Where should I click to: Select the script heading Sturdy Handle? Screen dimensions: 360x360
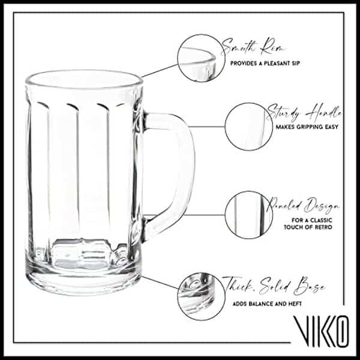305,113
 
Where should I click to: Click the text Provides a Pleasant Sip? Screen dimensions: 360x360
261,62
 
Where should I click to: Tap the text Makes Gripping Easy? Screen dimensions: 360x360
307,127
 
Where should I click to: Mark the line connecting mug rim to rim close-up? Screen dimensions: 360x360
159,71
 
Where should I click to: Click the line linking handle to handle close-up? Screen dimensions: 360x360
208,126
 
